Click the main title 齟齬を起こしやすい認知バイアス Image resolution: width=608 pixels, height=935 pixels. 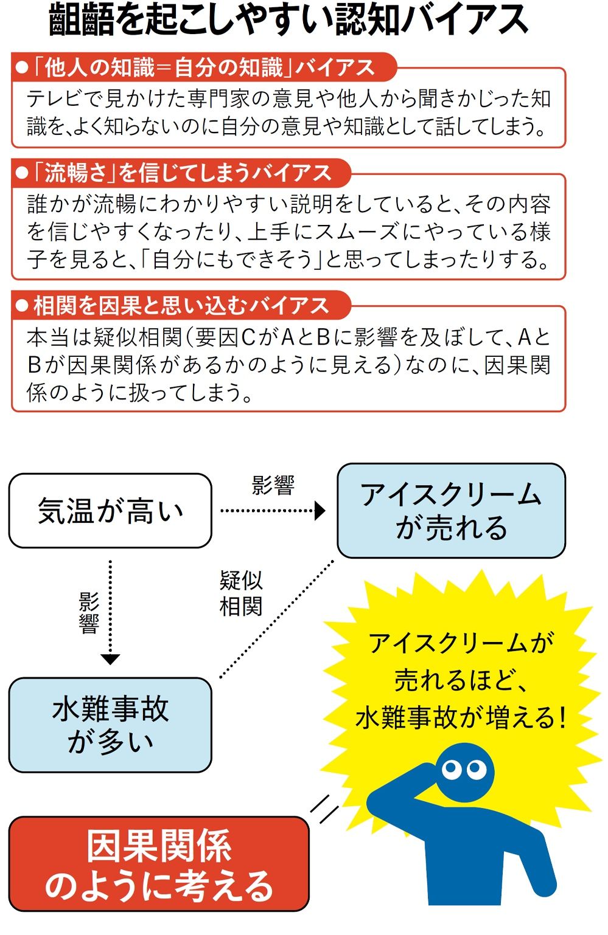point(289,21)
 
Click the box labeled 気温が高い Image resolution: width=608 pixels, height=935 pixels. point(110,511)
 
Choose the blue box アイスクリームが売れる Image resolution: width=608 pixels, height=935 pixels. point(451,511)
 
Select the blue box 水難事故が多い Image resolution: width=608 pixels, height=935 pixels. point(110,725)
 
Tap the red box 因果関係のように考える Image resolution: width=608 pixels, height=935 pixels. point(159,864)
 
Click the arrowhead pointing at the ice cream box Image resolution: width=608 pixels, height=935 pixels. point(320,511)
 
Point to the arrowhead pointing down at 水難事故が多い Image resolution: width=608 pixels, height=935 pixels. point(110,659)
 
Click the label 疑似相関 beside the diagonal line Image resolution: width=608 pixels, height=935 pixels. point(241,593)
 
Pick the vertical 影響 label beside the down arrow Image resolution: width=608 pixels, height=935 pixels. point(89,613)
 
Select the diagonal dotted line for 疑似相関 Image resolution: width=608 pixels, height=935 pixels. point(277,618)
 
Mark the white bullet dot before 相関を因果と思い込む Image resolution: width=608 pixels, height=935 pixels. point(23,306)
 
